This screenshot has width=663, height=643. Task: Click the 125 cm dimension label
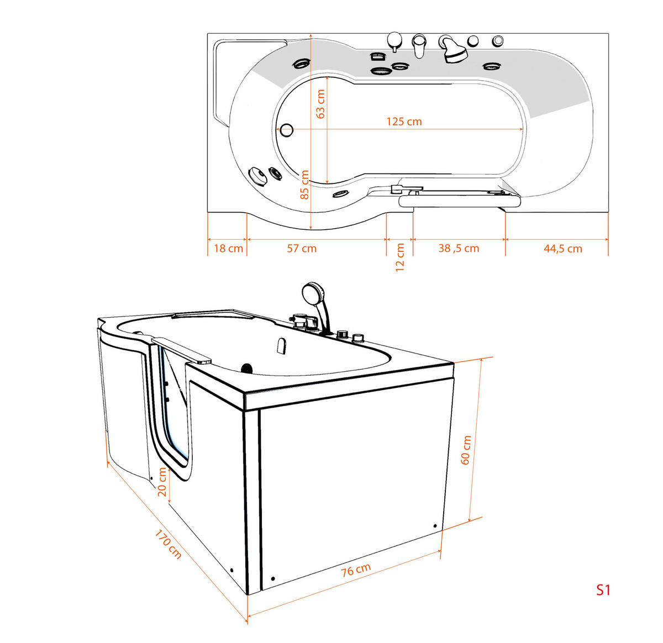click(404, 122)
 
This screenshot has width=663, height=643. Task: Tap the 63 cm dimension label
click(320, 104)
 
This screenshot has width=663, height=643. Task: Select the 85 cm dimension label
click(304, 185)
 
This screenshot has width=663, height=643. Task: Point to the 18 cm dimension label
click(228, 249)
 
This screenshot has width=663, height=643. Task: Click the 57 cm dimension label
click(302, 249)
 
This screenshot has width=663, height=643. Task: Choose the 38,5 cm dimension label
click(459, 249)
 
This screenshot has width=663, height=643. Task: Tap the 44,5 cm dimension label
click(562, 249)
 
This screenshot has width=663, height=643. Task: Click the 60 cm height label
click(466, 450)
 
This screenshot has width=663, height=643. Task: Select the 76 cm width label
click(356, 570)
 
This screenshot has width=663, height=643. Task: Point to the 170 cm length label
click(167, 545)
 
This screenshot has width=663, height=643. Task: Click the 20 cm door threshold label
click(162, 482)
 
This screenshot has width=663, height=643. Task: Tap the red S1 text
click(603, 590)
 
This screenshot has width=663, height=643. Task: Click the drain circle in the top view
click(286, 130)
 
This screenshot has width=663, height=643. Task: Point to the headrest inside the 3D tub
click(281, 346)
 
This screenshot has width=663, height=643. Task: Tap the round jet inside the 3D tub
click(247, 367)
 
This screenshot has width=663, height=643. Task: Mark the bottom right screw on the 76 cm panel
click(435, 526)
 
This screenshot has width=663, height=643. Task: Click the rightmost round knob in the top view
click(498, 40)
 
